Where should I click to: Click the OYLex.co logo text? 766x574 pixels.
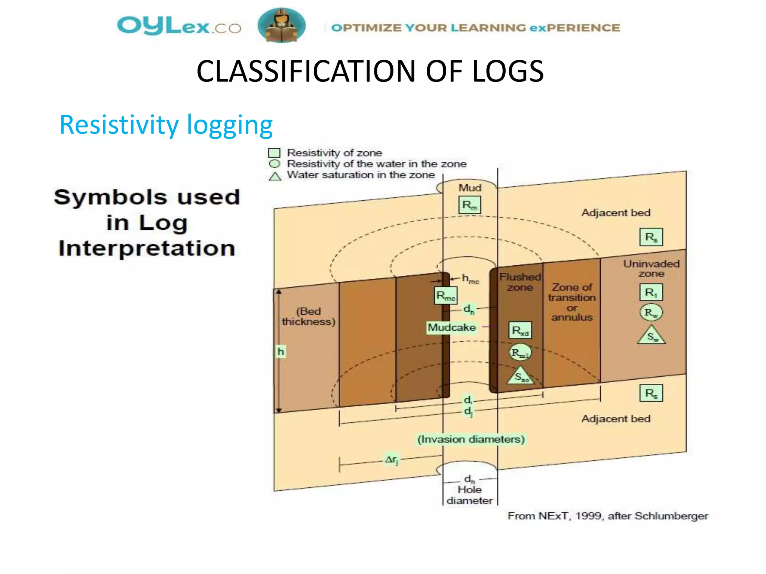[179, 26]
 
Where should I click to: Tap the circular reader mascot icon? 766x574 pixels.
[281, 25]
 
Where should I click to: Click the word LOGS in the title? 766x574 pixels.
[508, 71]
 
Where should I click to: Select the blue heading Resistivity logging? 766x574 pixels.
[166, 125]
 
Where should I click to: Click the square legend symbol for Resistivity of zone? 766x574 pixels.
[274, 153]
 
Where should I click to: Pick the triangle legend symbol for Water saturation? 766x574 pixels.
[275, 176]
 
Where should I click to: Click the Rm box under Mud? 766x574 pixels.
[469, 205]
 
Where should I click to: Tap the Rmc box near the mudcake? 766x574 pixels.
[445, 296]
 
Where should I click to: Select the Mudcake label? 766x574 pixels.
[452, 327]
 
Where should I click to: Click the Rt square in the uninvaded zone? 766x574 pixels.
[651, 292]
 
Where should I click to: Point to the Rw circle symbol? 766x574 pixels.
[651, 312]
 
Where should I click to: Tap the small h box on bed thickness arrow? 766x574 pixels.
[281, 351]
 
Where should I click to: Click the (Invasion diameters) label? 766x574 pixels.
[471, 439]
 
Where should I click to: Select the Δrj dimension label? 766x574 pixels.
[392, 459]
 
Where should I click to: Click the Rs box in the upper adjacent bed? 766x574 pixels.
[651, 237]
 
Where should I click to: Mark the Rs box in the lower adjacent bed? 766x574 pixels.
[651, 393]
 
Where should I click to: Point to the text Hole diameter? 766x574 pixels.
[470, 495]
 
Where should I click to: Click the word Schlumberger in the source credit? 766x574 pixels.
[671, 516]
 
